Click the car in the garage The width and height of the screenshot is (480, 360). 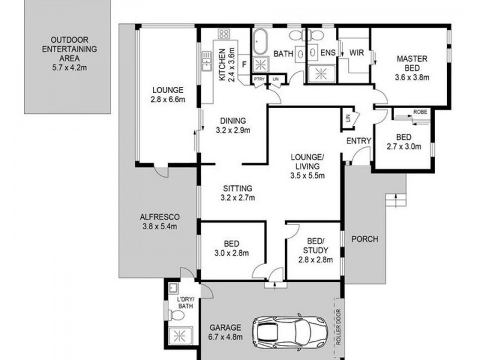pos(290,331)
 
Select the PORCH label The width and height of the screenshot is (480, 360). pos(365,239)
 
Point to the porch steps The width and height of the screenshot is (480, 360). pos(395,199)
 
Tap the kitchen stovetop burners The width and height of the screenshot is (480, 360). pos(224,34)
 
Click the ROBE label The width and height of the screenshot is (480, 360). pos(420,112)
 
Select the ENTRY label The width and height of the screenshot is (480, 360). pos(360,141)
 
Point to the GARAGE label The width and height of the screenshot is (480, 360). pos(226,328)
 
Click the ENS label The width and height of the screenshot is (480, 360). pos(327,53)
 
